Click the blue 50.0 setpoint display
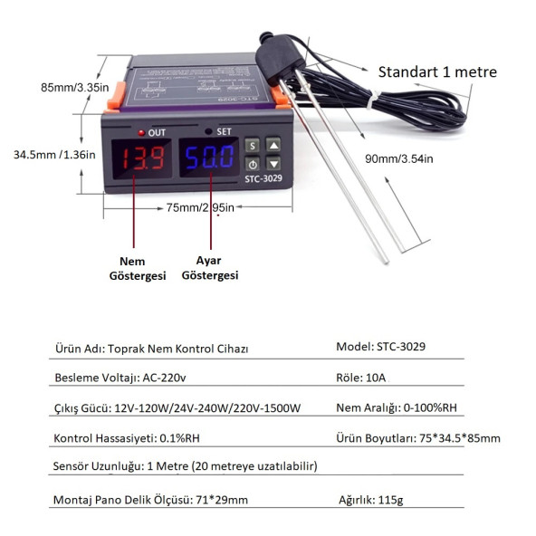click(x=210, y=160)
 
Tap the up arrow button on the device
click(x=273, y=144)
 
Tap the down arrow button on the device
click(x=273, y=164)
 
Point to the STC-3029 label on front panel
click(x=263, y=179)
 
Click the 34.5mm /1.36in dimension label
click(x=53, y=154)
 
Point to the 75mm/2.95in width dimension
click(x=199, y=207)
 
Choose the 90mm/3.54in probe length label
click(x=399, y=158)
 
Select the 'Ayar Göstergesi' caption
click(x=209, y=268)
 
